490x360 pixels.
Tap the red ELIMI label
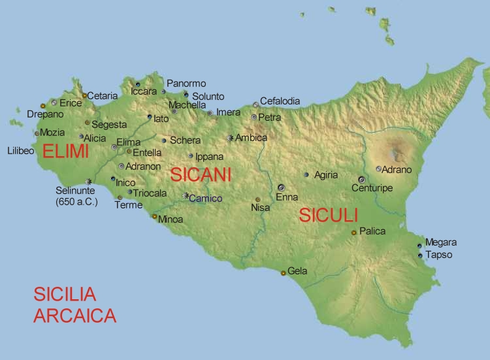point(65,152)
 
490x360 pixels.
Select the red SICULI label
point(329,216)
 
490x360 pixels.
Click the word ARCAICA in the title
point(75,316)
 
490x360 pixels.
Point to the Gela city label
point(297,270)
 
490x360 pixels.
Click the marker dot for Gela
point(283,272)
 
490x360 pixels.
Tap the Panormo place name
point(186,84)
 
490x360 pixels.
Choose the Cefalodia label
point(280,101)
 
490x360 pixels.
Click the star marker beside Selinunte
point(88,182)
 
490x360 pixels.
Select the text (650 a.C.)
point(76,202)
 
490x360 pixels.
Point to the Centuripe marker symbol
point(361,179)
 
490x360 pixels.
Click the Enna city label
point(287,197)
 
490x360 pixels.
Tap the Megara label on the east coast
point(441,242)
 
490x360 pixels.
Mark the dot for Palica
point(353,232)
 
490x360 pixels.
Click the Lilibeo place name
point(20,150)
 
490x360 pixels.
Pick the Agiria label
point(326,175)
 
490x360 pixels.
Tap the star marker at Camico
point(186,195)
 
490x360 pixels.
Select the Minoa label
point(171,220)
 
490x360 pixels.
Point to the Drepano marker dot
point(43,106)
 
